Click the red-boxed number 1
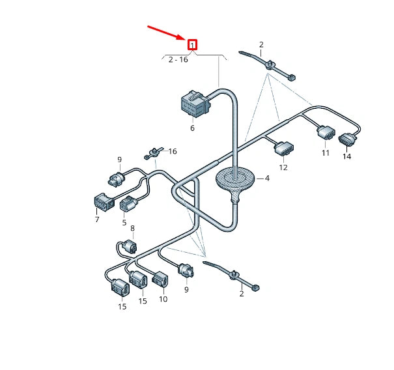click(193, 45)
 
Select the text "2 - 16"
click(178, 59)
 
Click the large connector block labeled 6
click(193, 104)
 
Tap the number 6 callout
click(192, 128)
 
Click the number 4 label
click(266, 178)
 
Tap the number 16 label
click(173, 151)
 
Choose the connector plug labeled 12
click(283, 150)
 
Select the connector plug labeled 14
click(346, 139)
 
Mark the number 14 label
click(346, 157)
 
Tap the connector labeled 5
click(128, 205)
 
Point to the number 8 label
click(133, 228)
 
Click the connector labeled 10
click(160, 280)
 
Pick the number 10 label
click(163, 299)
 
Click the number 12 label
click(283, 167)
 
